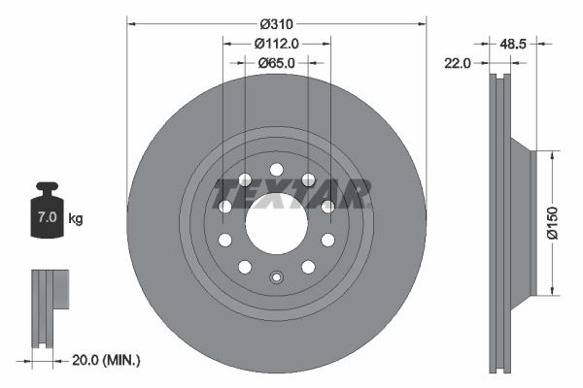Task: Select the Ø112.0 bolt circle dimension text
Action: click(x=276, y=44)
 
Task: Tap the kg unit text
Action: click(x=76, y=218)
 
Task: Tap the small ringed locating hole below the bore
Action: click(x=276, y=281)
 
